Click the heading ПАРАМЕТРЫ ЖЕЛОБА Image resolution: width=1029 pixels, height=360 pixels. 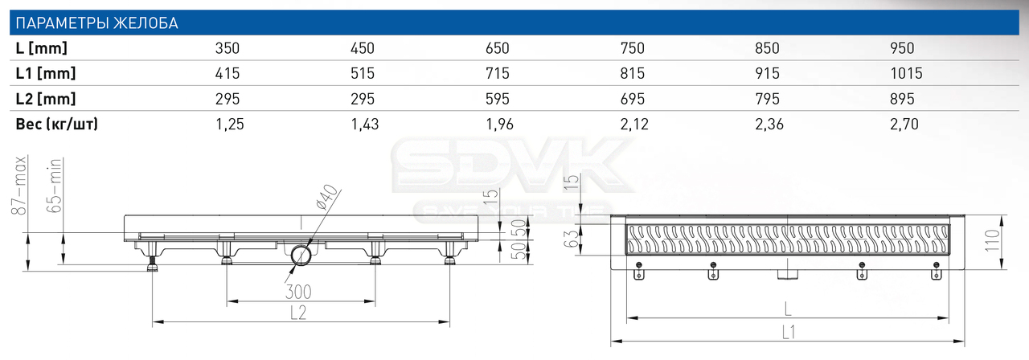click(97, 23)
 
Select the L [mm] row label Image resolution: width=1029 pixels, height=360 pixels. click(41, 48)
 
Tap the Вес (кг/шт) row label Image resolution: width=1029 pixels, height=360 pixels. click(57, 124)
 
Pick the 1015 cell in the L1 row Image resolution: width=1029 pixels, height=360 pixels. click(906, 73)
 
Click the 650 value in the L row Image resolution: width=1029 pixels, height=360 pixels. click(498, 48)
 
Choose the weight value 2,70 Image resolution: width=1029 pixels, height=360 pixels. click(904, 124)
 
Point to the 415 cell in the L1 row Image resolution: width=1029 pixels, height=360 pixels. click(228, 73)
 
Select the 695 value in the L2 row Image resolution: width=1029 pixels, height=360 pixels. click(633, 99)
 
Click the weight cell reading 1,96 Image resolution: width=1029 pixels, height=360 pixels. click(499, 124)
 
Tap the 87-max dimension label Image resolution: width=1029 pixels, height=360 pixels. click(20, 186)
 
